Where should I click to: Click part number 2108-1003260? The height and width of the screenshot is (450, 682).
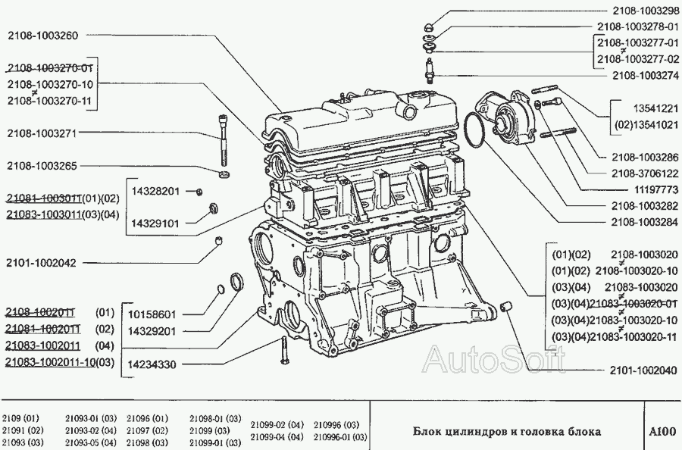pos(42,36)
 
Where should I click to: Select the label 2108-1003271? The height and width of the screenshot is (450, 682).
pos(42,133)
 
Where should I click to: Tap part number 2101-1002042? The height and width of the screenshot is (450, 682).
pos(42,263)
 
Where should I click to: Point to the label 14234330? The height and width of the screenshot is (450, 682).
pos(152,364)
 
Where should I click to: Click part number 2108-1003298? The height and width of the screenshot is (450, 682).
pos(646,11)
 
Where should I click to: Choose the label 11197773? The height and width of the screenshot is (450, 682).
pos(653,189)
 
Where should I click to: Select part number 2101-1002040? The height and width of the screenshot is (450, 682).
pos(643,370)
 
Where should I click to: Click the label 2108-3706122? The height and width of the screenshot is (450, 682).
pos(645,173)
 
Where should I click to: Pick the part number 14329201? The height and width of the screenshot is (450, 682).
pos(152,331)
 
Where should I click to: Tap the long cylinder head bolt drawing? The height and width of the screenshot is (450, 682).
pos(224,139)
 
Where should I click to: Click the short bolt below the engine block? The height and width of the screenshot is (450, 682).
pos(285,351)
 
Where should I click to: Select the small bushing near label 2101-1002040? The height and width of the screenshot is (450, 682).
pos(507,306)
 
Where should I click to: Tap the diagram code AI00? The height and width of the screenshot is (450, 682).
pos(663,431)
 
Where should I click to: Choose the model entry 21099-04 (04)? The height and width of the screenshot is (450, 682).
pos(277,436)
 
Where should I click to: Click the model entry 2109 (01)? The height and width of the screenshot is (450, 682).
pos(20,418)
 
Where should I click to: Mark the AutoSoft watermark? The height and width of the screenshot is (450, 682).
pos(494,359)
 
